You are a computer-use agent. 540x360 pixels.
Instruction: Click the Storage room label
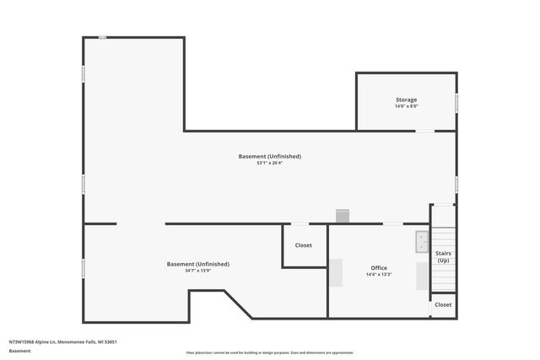tap(407, 99)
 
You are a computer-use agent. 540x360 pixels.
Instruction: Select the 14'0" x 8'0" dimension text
tap(407, 106)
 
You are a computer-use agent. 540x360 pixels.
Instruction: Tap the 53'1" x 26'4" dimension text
tap(269, 163)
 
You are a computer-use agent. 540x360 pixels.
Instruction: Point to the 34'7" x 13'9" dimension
tap(197, 271)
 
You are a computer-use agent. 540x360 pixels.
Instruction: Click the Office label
tap(379, 267)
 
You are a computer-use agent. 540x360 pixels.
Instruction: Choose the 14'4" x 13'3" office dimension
tap(379, 274)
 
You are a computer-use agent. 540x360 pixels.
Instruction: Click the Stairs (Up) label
tap(443, 256)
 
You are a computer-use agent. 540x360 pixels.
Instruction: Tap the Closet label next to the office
tap(303, 245)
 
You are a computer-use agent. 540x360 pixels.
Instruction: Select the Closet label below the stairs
tap(443, 304)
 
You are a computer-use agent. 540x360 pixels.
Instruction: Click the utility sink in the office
tap(422, 242)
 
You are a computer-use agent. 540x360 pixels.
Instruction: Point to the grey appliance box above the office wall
tap(342, 217)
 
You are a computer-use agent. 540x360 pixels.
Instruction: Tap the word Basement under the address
tap(18, 350)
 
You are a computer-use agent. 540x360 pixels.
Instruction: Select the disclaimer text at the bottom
tap(270, 352)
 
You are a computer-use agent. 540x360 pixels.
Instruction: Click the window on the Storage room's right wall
tap(456, 103)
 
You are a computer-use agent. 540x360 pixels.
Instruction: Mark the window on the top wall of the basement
tap(102, 37)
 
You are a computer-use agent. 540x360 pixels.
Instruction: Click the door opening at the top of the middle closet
tap(299, 224)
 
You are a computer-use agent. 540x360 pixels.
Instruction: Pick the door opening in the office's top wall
tap(392, 224)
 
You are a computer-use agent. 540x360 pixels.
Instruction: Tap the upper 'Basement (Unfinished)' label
tap(269, 156)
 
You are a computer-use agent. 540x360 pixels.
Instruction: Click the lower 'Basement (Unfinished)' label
tap(197, 264)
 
